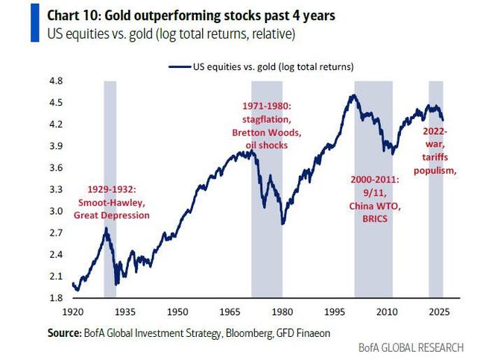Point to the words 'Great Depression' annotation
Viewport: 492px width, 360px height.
[111, 215]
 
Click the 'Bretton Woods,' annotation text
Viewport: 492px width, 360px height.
[265, 133]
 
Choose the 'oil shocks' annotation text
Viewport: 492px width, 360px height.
[265, 145]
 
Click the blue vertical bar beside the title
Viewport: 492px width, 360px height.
[34, 23]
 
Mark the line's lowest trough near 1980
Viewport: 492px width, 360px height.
[283, 223]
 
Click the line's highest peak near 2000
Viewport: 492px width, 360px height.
[350, 95]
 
